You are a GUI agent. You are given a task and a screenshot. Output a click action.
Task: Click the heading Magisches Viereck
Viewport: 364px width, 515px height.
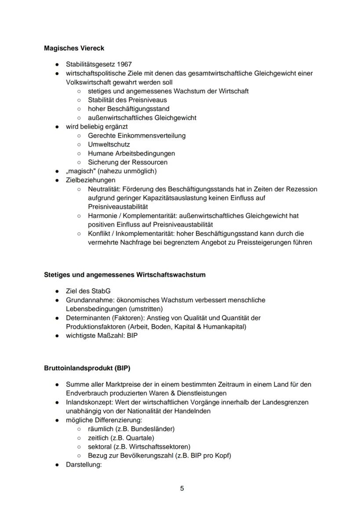click(74, 48)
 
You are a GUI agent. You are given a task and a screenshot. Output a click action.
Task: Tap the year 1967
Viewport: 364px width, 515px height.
click(124, 64)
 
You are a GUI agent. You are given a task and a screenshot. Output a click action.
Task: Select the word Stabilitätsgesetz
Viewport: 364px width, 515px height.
click(90, 64)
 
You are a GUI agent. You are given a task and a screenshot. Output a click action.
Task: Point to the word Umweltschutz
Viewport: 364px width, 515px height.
click(109, 144)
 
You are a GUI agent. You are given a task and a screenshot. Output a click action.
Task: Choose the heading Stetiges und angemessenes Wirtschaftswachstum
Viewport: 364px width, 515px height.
click(124, 275)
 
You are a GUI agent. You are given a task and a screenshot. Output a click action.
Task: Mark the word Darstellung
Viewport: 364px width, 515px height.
click(84, 464)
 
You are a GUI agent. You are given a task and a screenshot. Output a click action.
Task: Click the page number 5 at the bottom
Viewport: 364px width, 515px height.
click(182, 488)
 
